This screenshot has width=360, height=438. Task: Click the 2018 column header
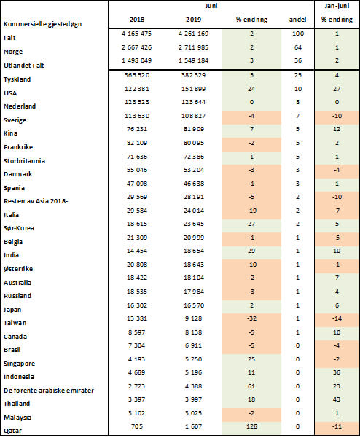pos(137,20)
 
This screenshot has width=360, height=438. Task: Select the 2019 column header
pos(193,20)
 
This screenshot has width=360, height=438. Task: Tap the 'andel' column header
pos(297,20)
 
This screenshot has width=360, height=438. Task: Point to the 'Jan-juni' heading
pos(337,6)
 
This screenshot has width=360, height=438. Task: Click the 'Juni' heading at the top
pos(211,6)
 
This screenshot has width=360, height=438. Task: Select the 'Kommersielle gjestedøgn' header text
pos(43,24)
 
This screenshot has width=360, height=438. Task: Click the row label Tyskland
pos(17,79)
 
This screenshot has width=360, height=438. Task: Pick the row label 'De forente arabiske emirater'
pos(49,390)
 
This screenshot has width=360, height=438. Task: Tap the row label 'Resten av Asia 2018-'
pos(36,201)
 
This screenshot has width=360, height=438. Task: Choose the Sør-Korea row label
pos(19,228)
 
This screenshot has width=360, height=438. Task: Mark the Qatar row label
pos(12,431)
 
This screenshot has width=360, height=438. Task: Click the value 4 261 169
pos(193,34)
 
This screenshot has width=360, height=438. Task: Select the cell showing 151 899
pos(193,89)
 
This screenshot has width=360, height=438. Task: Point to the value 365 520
pos(137,75)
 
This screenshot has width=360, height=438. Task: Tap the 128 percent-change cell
pos(251,426)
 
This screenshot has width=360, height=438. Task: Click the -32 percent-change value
pos(251,318)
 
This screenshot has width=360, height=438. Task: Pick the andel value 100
pos(298,34)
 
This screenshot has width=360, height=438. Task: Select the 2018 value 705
pos(137,426)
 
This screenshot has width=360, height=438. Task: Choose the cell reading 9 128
pos(193,318)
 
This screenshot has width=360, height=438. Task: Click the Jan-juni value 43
pos(337,399)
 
